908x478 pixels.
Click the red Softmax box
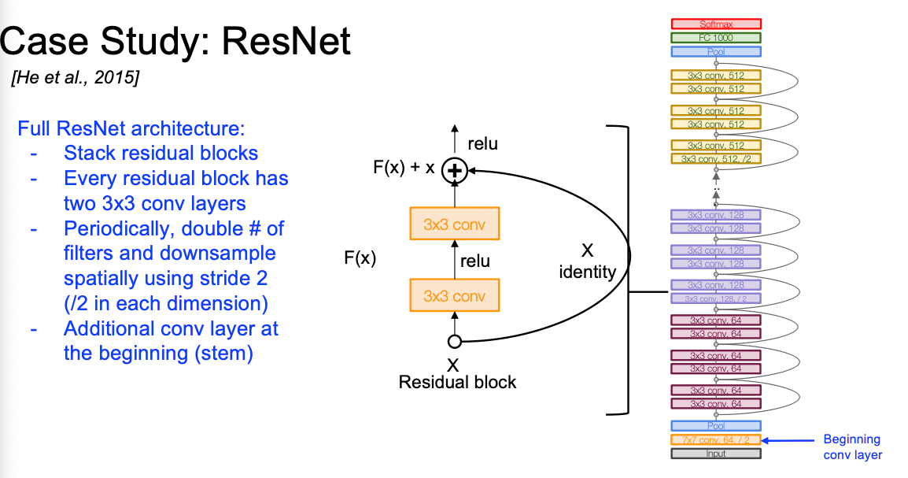tap(716, 24)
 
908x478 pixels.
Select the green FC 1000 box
tap(716, 38)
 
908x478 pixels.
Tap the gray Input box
tap(716, 454)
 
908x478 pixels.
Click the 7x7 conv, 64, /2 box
tap(716, 440)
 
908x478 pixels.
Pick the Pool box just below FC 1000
tap(716, 52)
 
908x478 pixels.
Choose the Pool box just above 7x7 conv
tap(716, 426)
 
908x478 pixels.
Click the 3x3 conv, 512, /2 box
tap(716, 159)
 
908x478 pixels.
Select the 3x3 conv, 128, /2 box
tap(716, 298)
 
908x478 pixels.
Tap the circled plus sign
tap(453, 169)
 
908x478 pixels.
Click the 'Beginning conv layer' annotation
tap(852, 447)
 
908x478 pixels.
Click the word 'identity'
tap(588, 272)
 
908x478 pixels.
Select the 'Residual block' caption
tap(457, 383)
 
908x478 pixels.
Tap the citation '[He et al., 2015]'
tap(74, 79)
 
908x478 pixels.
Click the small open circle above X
tap(454, 342)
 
